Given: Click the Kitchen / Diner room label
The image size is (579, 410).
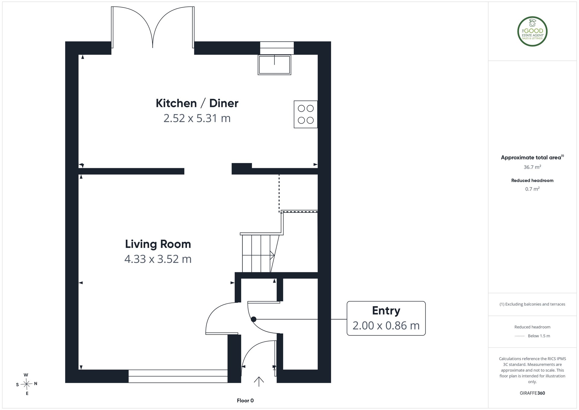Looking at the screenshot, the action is pos(197,103).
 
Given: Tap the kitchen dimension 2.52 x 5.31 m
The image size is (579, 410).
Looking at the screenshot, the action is pos(197,118).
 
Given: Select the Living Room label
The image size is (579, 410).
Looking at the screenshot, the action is pos(158,244).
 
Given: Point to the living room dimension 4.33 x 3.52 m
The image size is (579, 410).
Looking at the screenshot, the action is pos(158,259).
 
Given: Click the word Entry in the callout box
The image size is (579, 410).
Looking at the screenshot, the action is pos(386,311).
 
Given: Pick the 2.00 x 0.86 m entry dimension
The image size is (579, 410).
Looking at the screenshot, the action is pos(386,325).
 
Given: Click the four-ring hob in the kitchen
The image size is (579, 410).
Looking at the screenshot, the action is pos(306,114).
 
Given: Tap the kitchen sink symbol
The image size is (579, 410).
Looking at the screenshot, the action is pos(274,65).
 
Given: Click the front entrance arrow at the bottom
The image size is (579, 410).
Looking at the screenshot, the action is pos(259,382).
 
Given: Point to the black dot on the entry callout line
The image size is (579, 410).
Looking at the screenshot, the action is pos(254,319).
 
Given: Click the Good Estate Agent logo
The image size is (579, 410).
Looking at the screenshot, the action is pos(532,31).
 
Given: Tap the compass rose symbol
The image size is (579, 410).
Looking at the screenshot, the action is pos(27,384).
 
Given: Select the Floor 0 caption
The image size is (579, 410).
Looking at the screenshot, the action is pos(245,401).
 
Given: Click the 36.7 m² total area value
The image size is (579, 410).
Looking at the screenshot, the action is pos(532,167).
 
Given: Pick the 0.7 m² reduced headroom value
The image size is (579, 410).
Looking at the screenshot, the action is pos(532,189).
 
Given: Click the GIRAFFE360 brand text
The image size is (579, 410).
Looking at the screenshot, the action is pos(532,393).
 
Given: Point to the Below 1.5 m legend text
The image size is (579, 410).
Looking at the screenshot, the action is pos(539,336).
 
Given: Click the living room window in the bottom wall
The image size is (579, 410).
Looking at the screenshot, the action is pos(178,376).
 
